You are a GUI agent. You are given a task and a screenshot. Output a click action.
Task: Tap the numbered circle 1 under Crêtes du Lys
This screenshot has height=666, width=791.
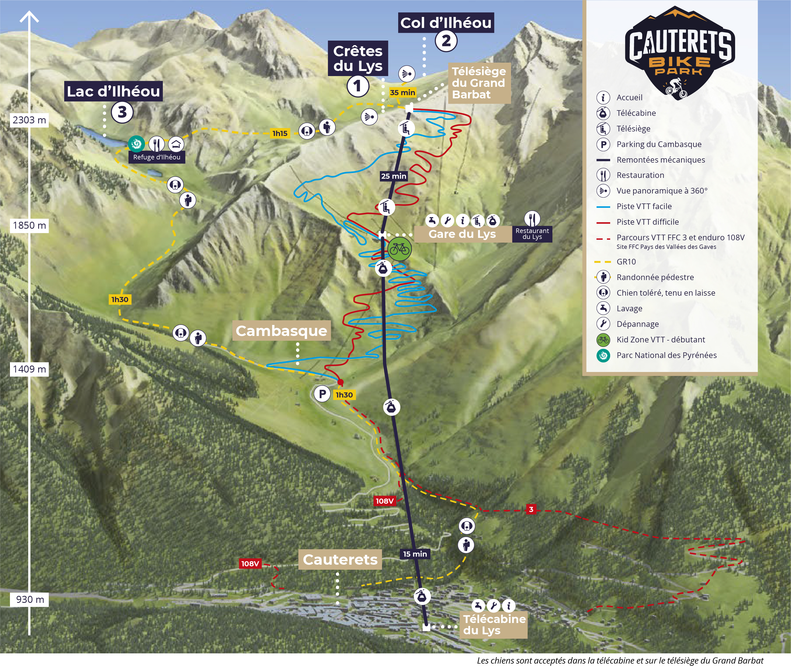click(357, 86)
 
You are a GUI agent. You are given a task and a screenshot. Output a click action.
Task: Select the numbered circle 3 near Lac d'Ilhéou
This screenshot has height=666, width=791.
click(122, 112)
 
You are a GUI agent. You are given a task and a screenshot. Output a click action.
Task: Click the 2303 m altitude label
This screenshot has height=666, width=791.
click(29, 120)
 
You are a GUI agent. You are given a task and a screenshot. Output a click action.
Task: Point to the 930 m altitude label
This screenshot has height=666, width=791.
click(30, 599)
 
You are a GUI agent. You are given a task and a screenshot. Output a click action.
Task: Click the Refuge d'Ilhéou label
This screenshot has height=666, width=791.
click(157, 157)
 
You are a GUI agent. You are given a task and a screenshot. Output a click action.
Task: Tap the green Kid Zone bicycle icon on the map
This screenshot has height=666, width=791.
click(399, 249)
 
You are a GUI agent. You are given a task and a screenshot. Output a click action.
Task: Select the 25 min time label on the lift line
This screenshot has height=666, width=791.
click(394, 176)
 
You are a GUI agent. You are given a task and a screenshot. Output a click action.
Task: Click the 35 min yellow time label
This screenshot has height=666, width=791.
click(402, 92)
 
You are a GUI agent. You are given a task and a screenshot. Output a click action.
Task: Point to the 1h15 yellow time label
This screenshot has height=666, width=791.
click(280, 133)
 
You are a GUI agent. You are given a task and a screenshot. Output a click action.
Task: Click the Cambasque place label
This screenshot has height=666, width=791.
click(281, 331)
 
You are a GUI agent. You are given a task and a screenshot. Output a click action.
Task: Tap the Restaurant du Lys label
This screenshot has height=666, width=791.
click(532, 234)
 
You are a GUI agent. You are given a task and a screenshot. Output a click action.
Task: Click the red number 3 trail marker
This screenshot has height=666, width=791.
click(531, 509)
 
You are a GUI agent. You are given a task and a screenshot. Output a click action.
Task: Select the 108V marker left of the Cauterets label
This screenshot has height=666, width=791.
click(250, 564)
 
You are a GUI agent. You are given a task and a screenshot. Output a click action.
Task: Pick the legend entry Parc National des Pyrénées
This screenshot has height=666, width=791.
click(666, 355)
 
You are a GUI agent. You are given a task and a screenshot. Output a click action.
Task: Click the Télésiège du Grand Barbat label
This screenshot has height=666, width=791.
click(479, 83)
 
